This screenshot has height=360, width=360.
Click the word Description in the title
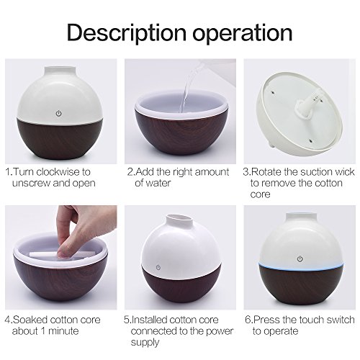[127, 34]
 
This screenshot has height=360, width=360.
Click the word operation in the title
[243, 34]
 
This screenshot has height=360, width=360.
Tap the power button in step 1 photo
[58, 113]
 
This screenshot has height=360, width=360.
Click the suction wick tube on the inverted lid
[308, 104]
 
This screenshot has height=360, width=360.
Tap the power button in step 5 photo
[158, 267]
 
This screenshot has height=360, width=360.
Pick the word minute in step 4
[63, 331]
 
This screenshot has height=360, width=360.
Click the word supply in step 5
[145, 343]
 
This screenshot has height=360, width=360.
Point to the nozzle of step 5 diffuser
[179, 219]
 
